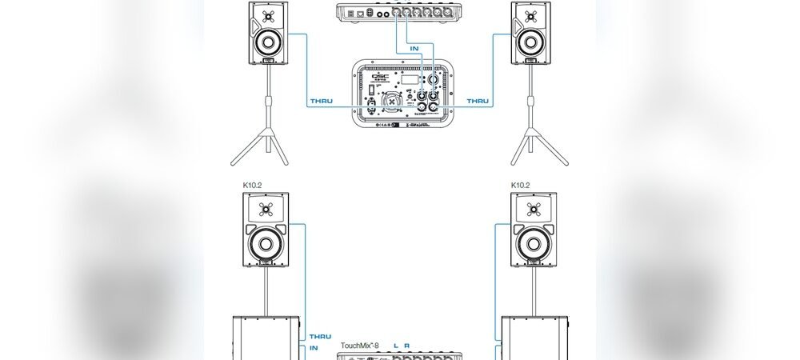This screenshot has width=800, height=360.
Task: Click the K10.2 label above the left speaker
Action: [x=254, y=185]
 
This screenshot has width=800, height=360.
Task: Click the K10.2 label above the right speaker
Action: [x=522, y=185]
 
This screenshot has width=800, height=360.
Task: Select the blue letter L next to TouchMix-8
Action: [x=394, y=346]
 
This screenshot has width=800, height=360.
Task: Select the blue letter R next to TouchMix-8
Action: [x=407, y=346]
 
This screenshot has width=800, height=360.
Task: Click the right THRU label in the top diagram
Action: [x=478, y=101]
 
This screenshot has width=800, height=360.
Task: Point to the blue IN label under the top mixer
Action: [x=414, y=48]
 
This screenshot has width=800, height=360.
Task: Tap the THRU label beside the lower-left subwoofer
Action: [x=320, y=337]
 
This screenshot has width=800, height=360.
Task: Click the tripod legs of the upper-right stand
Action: [x=529, y=148]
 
